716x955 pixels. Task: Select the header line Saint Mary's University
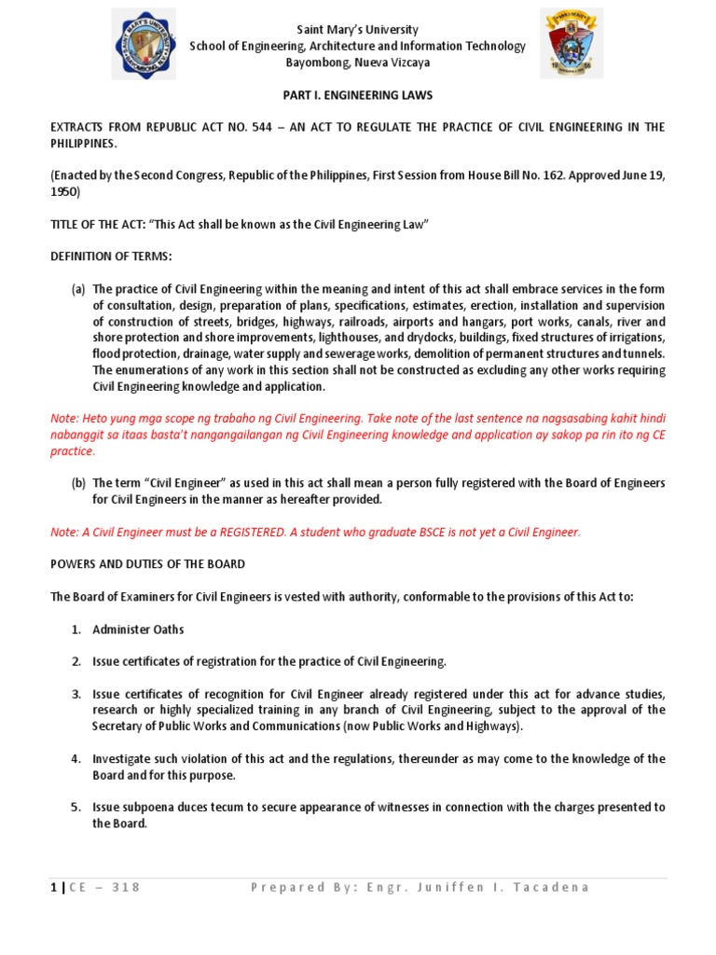point(358,30)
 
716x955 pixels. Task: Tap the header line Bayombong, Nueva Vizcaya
point(358,62)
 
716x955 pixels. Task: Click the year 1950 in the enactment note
point(65,192)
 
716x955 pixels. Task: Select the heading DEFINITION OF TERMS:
point(111,256)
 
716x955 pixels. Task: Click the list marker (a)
point(78,289)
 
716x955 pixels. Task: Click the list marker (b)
point(78,483)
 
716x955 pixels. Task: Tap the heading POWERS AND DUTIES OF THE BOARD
point(148,564)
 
